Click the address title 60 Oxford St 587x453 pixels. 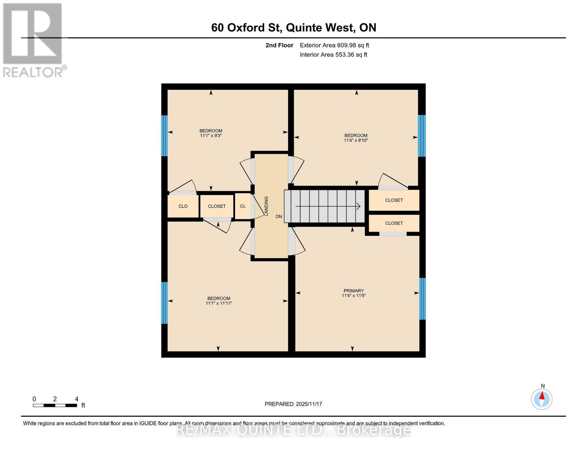tap(293, 28)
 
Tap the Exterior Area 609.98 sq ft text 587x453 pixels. tap(334, 45)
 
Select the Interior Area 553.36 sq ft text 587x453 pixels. tap(333, 55)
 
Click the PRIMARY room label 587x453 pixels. tap(353, 291)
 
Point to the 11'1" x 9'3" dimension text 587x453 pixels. tap(211, 136)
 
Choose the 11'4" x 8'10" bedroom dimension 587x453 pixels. tap(356, 140)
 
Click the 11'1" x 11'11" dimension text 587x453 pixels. tap(218, 303)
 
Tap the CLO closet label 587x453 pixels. tap(183, 206)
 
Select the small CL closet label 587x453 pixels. tap(243, 206)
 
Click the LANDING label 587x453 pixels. tap(266, 206)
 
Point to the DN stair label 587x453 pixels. tap(279, 217)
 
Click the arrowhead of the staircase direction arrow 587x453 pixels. tap(358, 206)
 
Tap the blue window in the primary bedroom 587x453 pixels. tap(422, 299)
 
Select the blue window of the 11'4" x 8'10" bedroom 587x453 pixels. tap(421, 136)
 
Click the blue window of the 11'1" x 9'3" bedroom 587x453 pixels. tap(164, 136)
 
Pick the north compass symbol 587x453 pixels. tap(542, 399)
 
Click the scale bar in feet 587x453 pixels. tap(55, 405)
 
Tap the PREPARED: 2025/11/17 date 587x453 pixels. tap(293, 404)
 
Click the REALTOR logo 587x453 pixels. tap(33, 40)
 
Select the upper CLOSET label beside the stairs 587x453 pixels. tap(394, 200)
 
